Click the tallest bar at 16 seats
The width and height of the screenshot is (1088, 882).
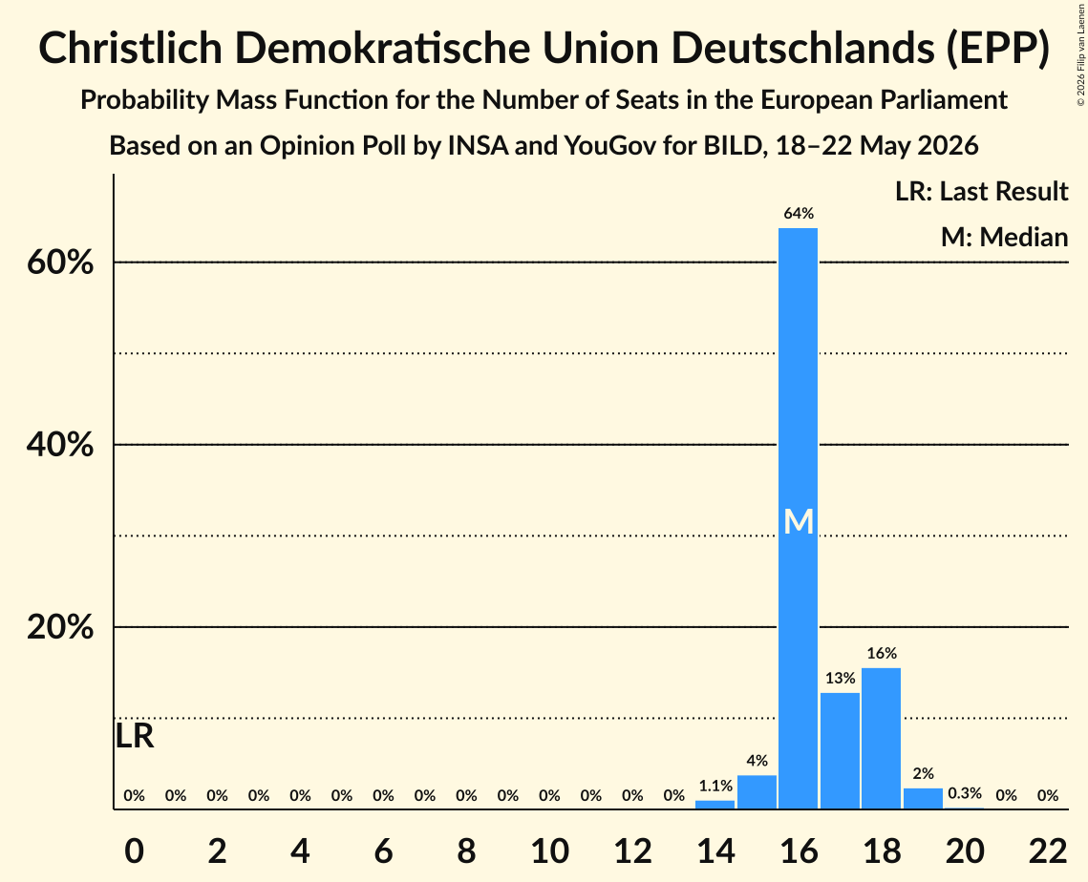[798, 518]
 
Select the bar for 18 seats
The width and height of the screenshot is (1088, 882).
[882, 739]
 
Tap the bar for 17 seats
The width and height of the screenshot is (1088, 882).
[840, 751]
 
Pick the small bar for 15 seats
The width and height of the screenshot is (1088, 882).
[757, 792]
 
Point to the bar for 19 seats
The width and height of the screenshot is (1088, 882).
[923, 799]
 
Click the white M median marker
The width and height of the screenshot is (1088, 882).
[798, 521]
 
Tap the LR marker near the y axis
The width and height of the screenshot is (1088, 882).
[135, 736]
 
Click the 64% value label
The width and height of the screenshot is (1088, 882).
[799, 214]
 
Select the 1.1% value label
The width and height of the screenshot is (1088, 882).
[715, 786]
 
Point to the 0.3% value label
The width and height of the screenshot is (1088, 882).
[965, 792]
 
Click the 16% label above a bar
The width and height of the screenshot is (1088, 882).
[882, 653]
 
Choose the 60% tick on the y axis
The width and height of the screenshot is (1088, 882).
[59, 262]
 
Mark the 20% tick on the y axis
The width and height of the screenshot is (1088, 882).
[59, 627]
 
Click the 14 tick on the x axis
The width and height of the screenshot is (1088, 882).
[715, 850]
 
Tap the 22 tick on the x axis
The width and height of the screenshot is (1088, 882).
[1048, 850]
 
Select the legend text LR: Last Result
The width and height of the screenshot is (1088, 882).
[981, 191]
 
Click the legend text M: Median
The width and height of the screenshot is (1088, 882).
[1004, 237]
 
